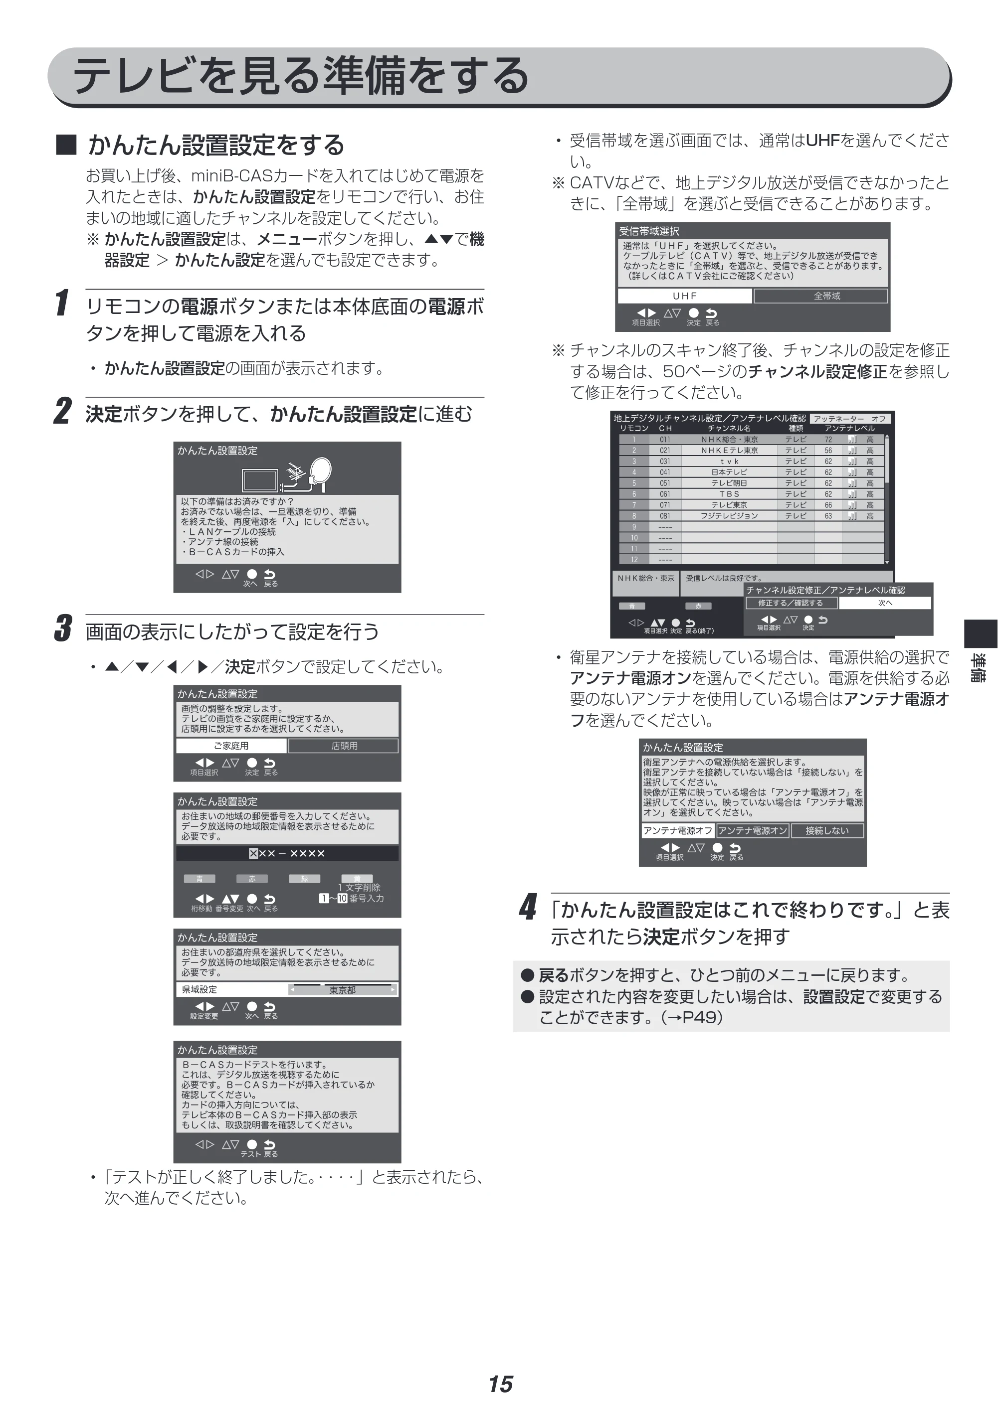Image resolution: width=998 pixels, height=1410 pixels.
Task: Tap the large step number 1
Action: coord(61,304)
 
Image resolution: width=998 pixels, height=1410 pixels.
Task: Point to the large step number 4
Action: coord(527,907)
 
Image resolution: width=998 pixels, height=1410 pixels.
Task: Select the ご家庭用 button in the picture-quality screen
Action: coord(231,746)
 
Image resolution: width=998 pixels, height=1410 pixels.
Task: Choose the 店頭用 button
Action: coord(344,746)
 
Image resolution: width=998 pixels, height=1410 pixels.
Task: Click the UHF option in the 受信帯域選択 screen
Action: coord(685,296)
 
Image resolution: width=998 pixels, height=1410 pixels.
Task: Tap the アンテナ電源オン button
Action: coord(752,831)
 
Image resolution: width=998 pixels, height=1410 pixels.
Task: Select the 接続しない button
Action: coord(826,831)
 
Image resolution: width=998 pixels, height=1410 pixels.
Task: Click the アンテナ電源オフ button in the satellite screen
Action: coord(678,831)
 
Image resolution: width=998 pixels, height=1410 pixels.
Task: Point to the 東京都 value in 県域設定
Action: coord(342,990)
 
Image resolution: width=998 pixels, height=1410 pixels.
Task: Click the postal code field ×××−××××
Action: coord(287,853)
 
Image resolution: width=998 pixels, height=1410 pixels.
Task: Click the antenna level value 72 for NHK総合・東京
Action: coord(828,440)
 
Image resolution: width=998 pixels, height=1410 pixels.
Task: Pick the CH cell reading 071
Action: coord(665,505)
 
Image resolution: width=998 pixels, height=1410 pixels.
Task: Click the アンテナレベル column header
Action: coord(849,428)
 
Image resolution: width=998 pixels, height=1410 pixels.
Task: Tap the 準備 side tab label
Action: coord(979,667)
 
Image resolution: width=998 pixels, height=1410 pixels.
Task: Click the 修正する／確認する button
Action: coord(791,603)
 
